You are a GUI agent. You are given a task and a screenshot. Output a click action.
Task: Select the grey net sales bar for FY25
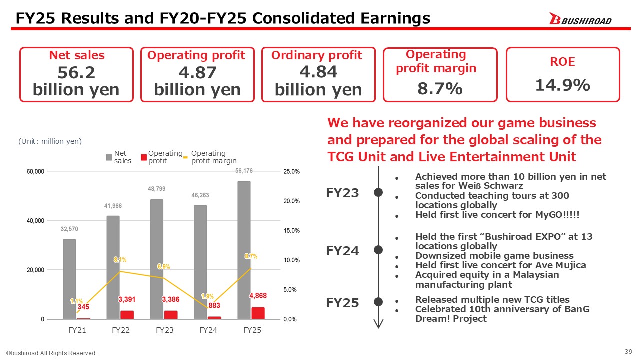[244, 250]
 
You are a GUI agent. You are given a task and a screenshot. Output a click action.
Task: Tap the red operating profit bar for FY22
[126, 315]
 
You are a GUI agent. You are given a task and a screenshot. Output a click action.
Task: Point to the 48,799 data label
[156, 189]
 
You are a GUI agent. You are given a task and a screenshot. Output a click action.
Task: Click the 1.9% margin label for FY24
[207, 296]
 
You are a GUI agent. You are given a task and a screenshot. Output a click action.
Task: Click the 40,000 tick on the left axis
[35, 220]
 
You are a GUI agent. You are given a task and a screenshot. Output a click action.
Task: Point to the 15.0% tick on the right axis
[291, 230]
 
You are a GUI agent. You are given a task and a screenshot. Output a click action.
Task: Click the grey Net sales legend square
[109, 157]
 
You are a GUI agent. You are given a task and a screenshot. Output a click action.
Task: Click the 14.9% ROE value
[563, 85]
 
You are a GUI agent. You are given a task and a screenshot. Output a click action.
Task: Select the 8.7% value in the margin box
[440, 89]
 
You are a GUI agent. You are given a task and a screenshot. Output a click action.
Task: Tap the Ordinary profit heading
[317, 55]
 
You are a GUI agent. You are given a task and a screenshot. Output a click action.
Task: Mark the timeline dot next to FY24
[379, 249]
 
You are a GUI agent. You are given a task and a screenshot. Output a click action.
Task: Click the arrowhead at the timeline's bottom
[379, 323]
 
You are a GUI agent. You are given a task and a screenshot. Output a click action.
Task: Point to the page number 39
[629, 352]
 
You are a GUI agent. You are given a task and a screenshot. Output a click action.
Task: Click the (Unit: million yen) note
[50, 141]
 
